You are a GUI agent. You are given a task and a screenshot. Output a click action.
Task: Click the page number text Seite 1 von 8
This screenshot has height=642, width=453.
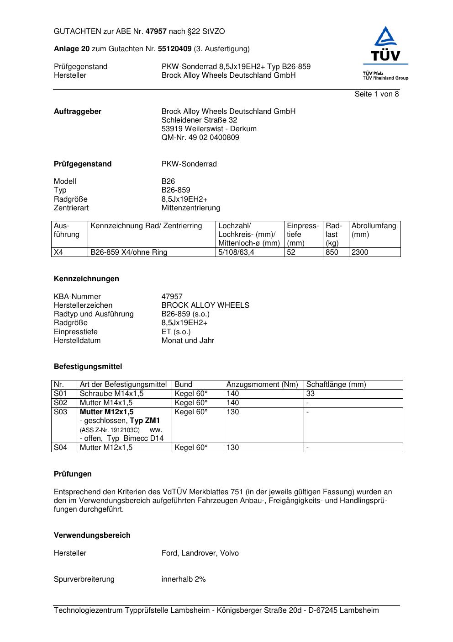point(376,94)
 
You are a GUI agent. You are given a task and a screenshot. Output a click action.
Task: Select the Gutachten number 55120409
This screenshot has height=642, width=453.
point(174,49)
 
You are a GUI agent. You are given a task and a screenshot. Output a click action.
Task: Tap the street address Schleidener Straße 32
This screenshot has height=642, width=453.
point(199,120)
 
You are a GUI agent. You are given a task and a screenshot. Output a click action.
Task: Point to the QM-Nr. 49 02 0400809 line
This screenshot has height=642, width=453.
point(200,138)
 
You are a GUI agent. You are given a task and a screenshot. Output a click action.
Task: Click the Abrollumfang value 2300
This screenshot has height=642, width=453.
point(359,252)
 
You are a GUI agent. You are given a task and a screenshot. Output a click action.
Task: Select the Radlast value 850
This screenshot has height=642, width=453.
point(332,252)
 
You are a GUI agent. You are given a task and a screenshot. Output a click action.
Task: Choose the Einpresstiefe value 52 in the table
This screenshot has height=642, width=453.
point(291,252)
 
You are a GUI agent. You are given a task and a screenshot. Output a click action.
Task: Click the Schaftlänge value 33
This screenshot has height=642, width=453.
point(311,394)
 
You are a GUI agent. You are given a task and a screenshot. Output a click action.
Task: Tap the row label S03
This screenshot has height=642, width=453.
point(60,412)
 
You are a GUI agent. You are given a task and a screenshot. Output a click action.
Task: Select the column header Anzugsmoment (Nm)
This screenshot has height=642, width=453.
point(262,385)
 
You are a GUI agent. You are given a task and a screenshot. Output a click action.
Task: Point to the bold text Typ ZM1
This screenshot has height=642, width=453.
point(145,421)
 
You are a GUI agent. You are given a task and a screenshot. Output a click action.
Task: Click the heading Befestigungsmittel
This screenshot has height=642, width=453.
point(88,367)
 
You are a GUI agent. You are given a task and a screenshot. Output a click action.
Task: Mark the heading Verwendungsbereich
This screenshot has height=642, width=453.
point(92,535)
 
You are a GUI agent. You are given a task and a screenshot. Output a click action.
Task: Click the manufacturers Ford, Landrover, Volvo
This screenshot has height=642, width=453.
point(200,553)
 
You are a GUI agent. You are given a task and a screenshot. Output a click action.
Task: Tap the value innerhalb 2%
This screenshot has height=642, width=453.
point(184,579)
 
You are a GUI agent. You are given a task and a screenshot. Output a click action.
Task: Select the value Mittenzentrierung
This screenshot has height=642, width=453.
point(190,208)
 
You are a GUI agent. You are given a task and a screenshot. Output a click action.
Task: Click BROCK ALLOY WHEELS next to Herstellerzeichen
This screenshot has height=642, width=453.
point(205,305)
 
